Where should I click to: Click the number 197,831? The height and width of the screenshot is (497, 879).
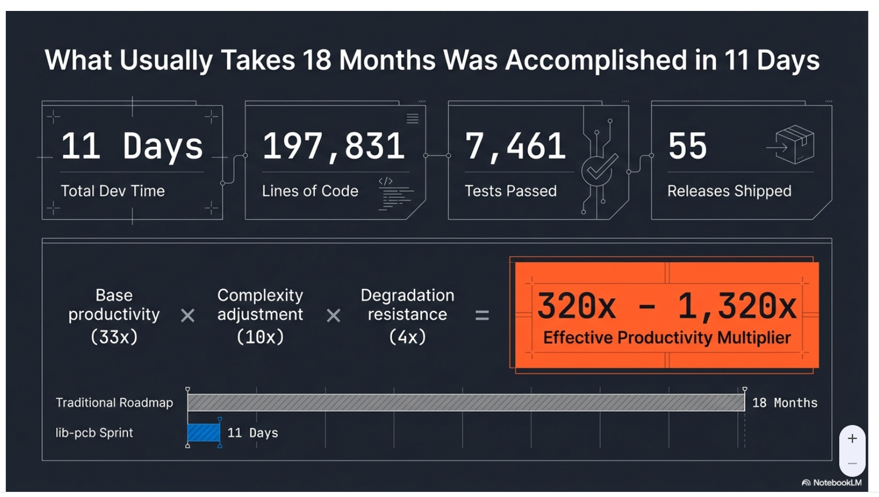pos(334,146)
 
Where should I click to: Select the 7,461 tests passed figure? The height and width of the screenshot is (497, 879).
pos(515,146)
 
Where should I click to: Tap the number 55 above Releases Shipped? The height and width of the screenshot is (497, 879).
pos(687,146)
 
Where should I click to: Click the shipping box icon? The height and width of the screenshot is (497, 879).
pos(794,145)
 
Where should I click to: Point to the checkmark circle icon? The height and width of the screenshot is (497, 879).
pos(599,169)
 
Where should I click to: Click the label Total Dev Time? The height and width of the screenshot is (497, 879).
pos(113,191)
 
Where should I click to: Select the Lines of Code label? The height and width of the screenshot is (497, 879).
pos(310,191)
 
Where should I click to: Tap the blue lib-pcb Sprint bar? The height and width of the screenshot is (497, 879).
pos(203,432)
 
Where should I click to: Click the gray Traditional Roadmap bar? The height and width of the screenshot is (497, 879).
pos(466,403)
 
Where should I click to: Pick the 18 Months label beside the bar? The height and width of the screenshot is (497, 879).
pos(784,403)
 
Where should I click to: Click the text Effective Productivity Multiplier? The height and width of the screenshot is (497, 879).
pos(667,338)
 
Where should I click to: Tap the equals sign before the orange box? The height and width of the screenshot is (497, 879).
pos(482,315)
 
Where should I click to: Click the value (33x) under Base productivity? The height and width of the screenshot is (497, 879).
pos(114,337)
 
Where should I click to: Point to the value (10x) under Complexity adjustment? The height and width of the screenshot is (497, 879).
pos(260,337)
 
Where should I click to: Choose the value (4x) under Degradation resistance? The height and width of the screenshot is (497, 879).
pos(408,337)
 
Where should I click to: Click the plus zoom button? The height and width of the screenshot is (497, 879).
pos(852,439)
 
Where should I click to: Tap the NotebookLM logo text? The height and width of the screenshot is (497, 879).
pos(836,483)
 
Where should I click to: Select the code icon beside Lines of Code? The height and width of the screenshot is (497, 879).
pos(394,194)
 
